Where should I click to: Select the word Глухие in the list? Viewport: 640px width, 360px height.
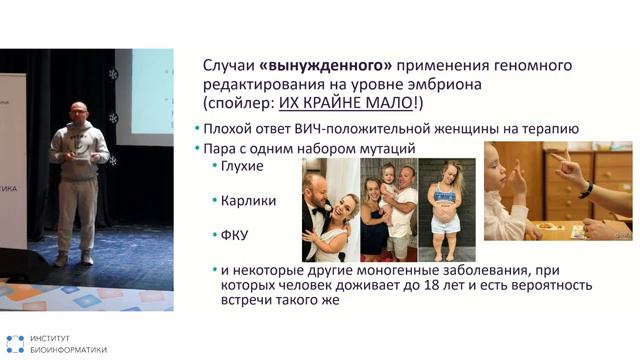(244, 165)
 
